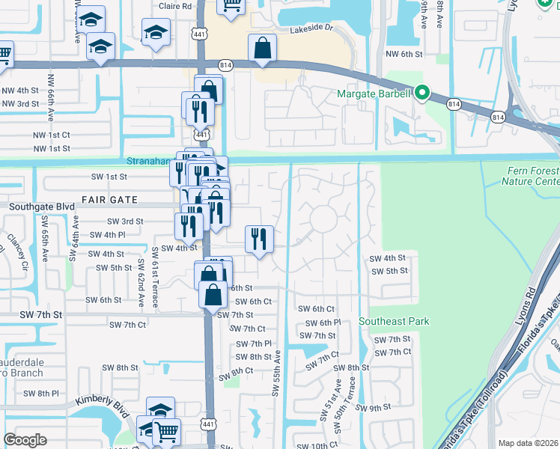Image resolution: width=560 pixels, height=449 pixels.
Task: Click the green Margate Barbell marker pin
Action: [422, 94]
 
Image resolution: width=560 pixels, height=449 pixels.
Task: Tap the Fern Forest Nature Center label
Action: [531, 177]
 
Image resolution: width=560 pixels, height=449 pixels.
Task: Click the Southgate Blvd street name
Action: [41, 205]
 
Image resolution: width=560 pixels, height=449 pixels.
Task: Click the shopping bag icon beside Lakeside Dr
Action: [264, 49]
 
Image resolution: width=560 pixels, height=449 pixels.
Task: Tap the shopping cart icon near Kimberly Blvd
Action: [166, 430]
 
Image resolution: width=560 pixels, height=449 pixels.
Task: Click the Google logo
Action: [25, 440]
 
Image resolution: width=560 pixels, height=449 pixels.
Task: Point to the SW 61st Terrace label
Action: [155, 277]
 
